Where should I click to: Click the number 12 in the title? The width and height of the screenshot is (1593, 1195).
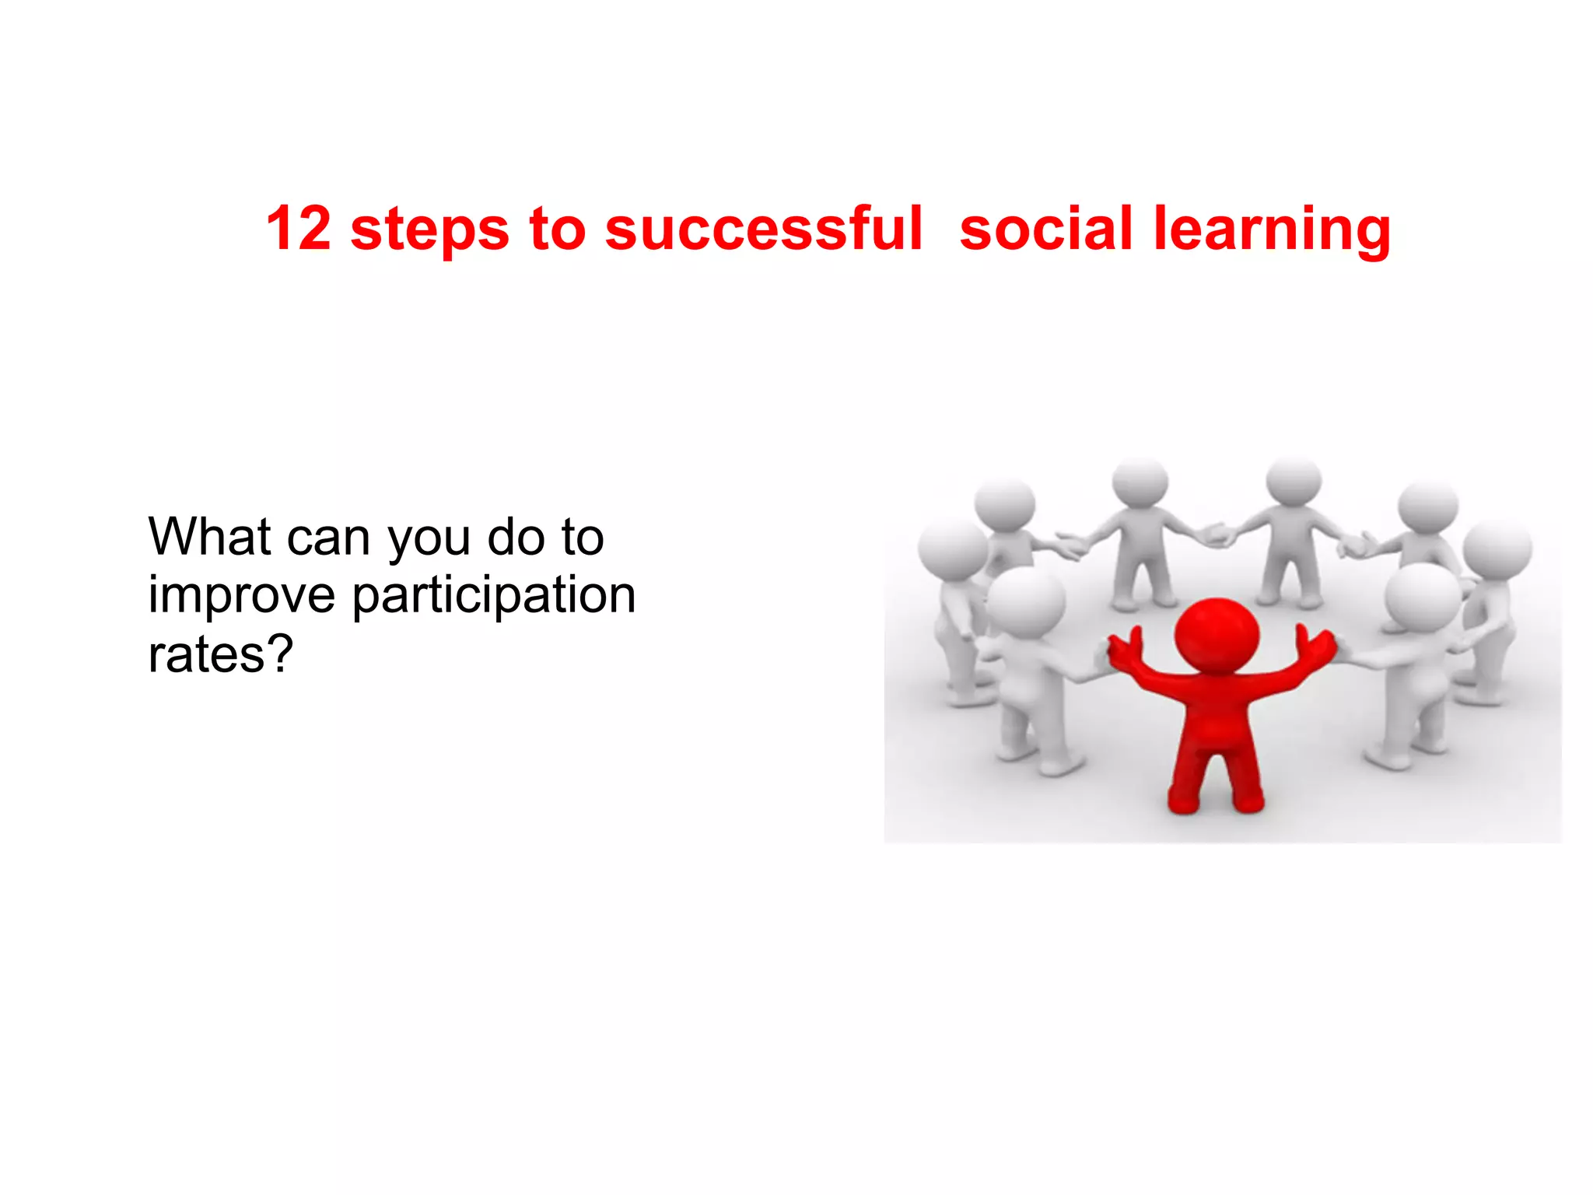[x=299, y=229]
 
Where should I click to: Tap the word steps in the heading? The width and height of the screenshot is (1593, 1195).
[x=430, y=230]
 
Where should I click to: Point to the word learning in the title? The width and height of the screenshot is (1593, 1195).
[x=1272, y=232]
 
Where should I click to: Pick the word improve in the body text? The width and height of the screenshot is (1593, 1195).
[x=242, y=597]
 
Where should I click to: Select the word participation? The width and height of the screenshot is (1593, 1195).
[x=495, y=597]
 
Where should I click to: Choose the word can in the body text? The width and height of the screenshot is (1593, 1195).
[x=327, y=538]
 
